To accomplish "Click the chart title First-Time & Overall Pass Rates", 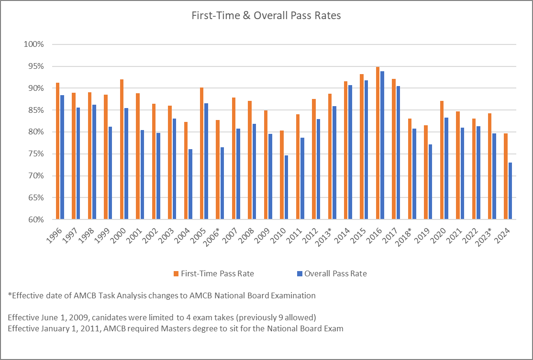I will click(x=266, y=16).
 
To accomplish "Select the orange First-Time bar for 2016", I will click(x=378, y=143).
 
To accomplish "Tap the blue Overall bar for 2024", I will click(x=510, y=191).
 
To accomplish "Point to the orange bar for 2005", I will click(x=201, y=153).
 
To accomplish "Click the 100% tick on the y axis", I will click(x=34, y=44).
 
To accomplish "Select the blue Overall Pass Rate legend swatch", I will click(x=300, y=273).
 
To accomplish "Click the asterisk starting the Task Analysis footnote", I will click(x=9, y=295).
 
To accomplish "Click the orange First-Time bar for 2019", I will click(x=426, y=173).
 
